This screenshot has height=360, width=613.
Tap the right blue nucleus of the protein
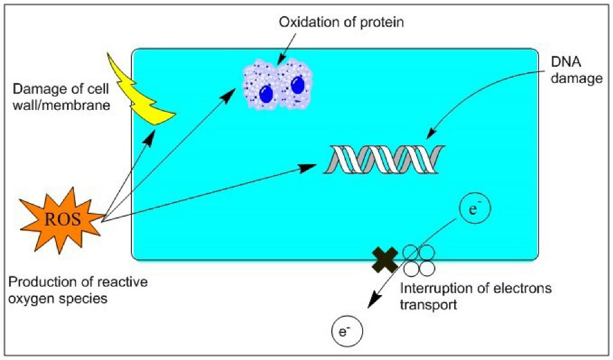(297, 87)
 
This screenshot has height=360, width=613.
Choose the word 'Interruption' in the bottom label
(430, 289)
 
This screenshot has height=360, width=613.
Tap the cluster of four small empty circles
(419, 259)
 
